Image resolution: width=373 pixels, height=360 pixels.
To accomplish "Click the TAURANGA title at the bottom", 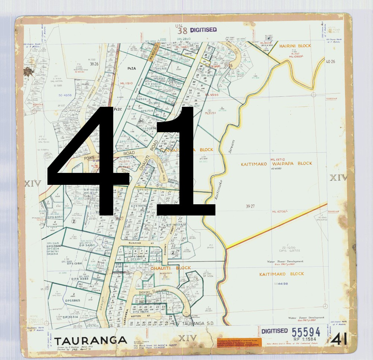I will pyautogui.click(x=91, y=341).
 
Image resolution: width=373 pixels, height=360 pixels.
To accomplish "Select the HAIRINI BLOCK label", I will pyautogui.click(x=295, y=46).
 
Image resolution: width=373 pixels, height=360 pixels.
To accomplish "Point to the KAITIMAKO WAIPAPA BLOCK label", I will pyautogui.click(x=276, y=164).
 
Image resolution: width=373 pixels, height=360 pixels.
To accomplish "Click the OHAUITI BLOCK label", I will pyautogui.click(x=170, y=268).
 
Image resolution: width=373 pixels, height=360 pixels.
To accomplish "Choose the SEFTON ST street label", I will pyautogui.click(x=143, y=316).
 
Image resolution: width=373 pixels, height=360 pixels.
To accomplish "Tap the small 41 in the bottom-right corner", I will pyautogui.click(x=339, y=339).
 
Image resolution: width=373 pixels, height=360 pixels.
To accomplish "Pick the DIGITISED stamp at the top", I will pyautogui.click(x=203, y=30).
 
